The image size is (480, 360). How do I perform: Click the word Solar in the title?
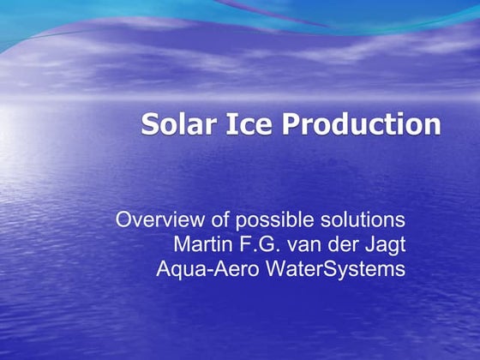tap(174, 124)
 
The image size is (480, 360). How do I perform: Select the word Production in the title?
tap(361, 124)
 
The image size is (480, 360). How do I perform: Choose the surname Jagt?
tap(384, 244)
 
